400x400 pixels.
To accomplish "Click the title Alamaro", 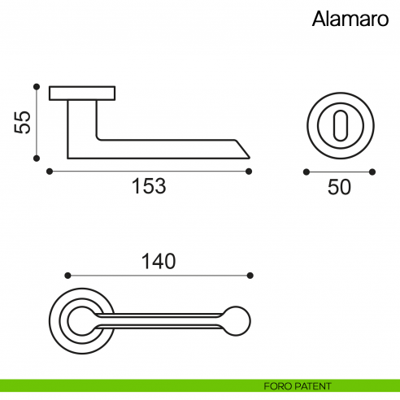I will pyautogui.click(x=346, y=20).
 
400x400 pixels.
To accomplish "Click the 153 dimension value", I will pyautogui.click(x=149, y=186).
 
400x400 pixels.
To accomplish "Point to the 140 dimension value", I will pyautogui.click(x=158, y=261).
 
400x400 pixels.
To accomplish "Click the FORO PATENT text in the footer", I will pyautogui.click(x=297, y=385).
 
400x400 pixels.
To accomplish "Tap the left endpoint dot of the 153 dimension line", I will pyautogui.click(x=50, y=172).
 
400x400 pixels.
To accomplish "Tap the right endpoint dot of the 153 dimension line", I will pyautogui.click(x=249, y=172).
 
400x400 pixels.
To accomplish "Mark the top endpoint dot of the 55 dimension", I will pyautogui.click(x=36, y=86).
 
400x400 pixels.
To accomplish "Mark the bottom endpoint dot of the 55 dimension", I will pyautogui.click(x=36, y=159).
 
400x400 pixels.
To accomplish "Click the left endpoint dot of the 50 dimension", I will pyautogui.click(x=306, y=172).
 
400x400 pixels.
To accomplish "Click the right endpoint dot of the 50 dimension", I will pyautogui.click(x=372, y=172).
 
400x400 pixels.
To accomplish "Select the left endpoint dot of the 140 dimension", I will pyautogui.click(x=67, y=275).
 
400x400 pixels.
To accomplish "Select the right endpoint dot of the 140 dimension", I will pyautogui.click(x=250, y=275).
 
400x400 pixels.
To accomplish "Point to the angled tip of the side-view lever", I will pyautogui.click(x=244, y=150).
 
